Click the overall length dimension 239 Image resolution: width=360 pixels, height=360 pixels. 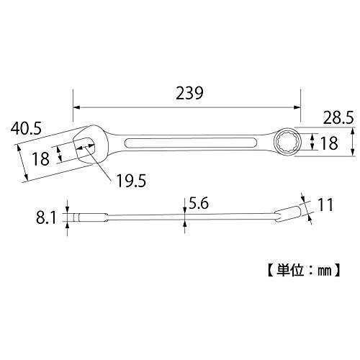coord(189,93)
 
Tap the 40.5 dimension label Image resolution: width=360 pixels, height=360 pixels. coord(26,128)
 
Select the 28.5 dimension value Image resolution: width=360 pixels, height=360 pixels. coord(338,118)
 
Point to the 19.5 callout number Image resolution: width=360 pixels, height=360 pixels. coord(131,181)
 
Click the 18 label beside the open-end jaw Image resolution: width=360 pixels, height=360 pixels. coord(41,158)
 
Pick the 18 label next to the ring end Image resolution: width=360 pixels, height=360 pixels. coord(329,143)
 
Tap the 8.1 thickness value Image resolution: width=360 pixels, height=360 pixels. coord(46,218)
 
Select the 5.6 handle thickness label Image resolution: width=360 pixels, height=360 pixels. coord(199,204)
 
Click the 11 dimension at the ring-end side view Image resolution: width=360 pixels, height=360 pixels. coord(325,204)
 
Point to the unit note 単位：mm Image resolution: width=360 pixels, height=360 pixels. coord(304,271)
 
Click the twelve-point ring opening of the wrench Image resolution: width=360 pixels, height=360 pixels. coord(287,143)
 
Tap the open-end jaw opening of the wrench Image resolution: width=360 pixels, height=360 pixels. coord(84,147)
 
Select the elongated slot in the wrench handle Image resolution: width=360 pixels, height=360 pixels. coord(191,143)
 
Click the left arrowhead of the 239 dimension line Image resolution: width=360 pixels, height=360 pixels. coord(76,107)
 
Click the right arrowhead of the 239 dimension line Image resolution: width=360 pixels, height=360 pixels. coord(297,107)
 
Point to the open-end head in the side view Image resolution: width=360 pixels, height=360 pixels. coord(91,217)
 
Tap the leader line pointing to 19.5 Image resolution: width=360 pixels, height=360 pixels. coord(98,163)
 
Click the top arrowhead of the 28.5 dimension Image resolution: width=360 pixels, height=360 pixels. coord(353,131)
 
